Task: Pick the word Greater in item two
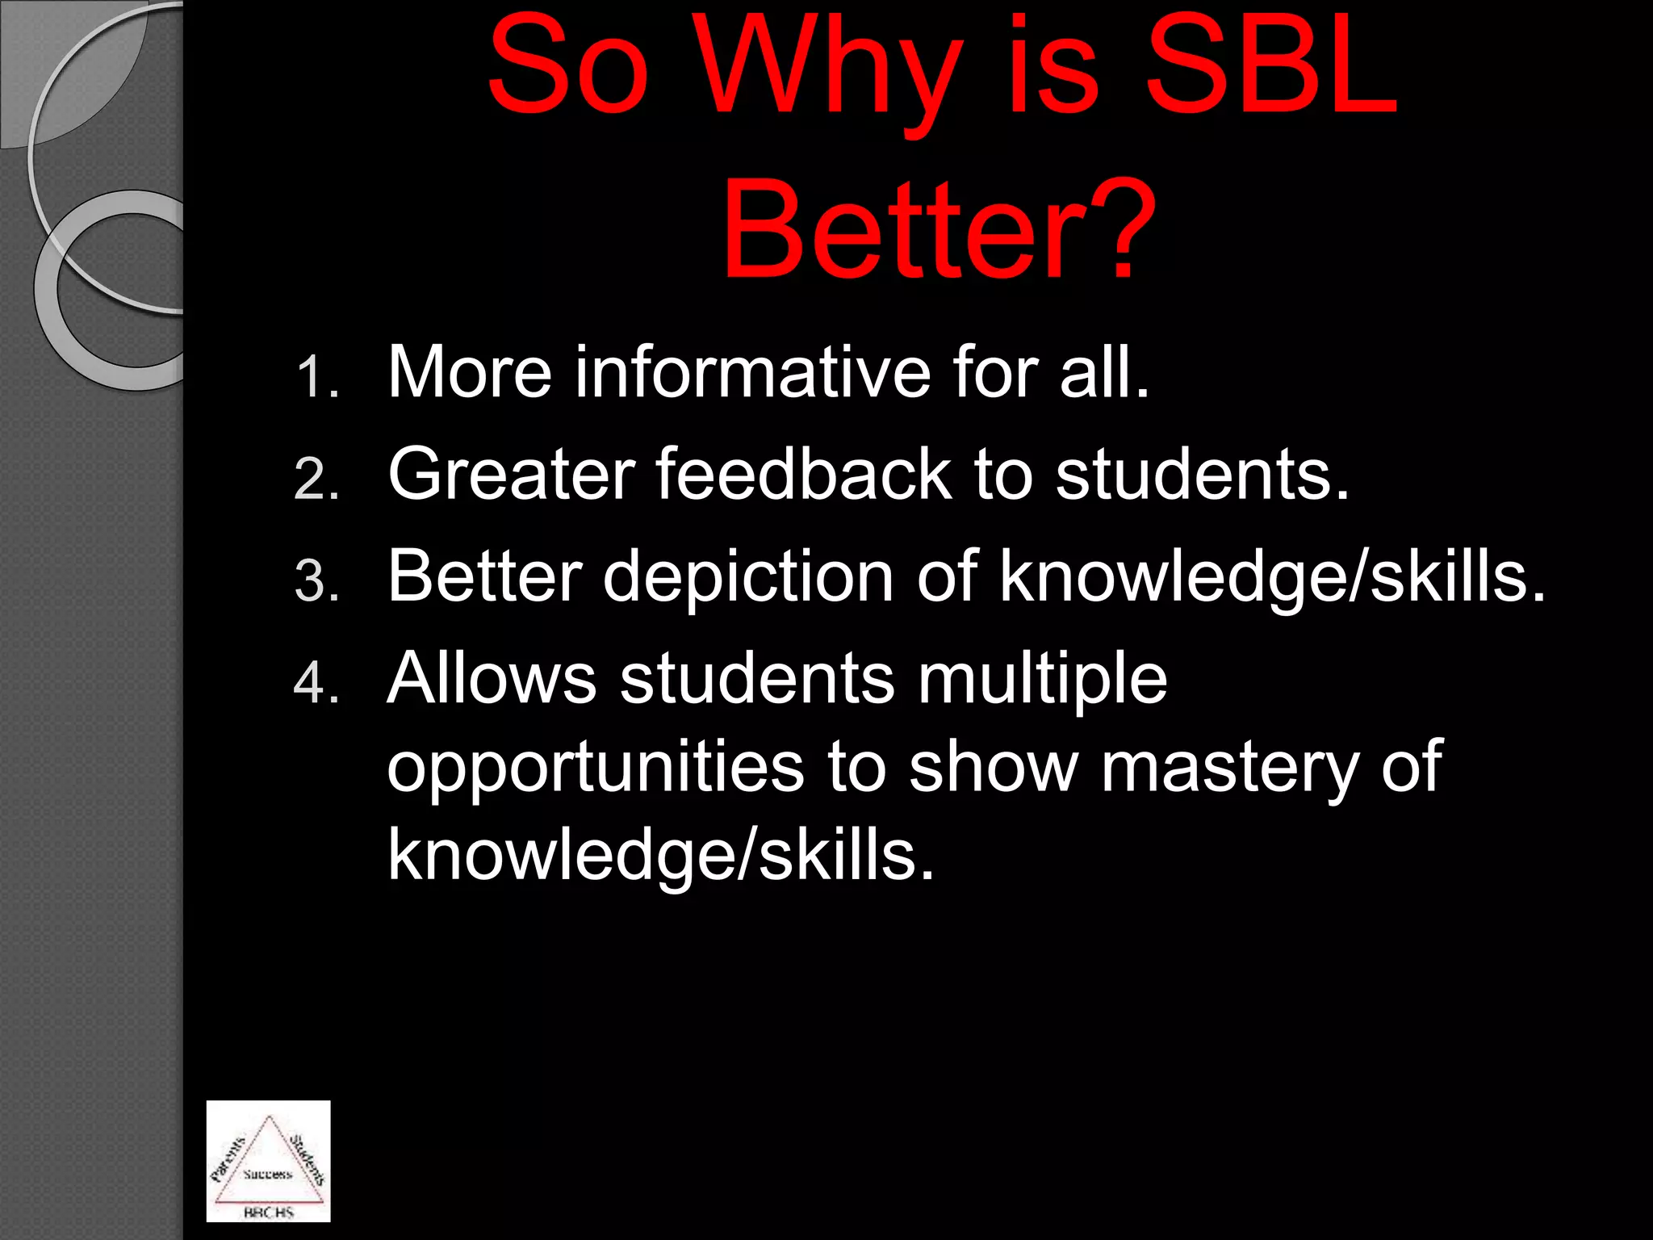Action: coord(511,475)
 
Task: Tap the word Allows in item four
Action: coord(492,678)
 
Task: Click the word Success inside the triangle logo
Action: coord(267,1175)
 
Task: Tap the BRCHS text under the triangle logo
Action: coord(269,1212)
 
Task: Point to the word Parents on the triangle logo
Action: coord(228,1159)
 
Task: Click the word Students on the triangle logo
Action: coord(308,1159)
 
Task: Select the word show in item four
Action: coord(993,767)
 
